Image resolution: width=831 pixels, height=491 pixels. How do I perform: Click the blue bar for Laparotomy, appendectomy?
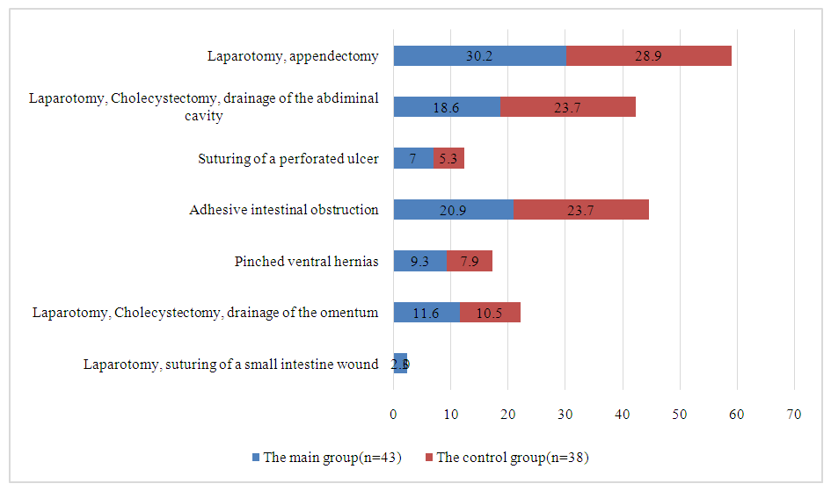click(x=479, y=55)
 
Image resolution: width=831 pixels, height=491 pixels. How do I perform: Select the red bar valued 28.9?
click(x=648, y=55)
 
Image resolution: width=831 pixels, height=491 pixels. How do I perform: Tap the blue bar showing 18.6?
click(x=447, y=107)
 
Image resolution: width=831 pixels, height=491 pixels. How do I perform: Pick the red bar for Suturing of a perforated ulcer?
click(x=448, y=158)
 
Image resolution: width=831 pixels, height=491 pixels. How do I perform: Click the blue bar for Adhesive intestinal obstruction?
click(x=453, y=209)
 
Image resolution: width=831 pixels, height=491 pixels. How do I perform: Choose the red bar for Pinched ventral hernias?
click(x=469, y=261)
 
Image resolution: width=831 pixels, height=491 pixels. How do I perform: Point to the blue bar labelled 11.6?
click(x=426, y=312)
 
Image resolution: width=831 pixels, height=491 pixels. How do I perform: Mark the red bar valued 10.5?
click(x=490, y=312)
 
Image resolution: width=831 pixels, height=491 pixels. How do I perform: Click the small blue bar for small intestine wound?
click(x=400, y=364)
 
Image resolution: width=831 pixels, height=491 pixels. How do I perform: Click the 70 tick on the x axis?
click(x=794, y=414)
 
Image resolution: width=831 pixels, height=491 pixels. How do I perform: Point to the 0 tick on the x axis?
click(x=394, y=414)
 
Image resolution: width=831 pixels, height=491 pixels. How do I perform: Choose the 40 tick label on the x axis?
click(x=623, y=414)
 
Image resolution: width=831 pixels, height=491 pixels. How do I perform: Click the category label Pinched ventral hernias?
click(x=307, y=261)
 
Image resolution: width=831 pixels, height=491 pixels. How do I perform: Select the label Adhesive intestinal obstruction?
click(x=284, y=210)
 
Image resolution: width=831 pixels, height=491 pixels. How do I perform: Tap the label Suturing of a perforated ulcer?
click(x=288, y=159)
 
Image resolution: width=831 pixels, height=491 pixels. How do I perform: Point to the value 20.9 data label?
click(x=454, y=209)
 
